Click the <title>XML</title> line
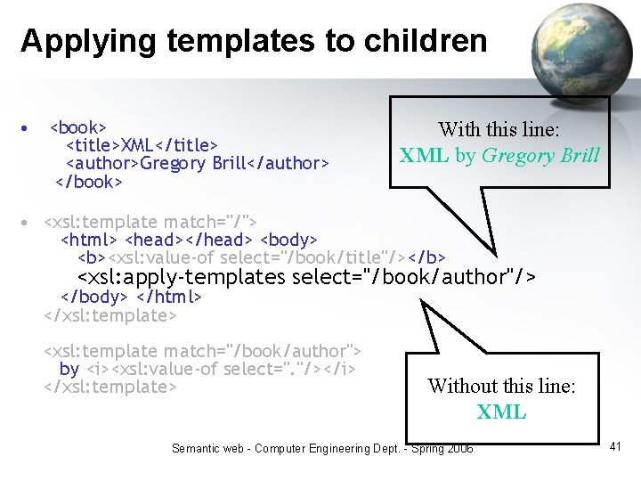tap(142, 145)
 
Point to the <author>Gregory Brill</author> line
tap(198, 163)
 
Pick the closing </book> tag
tap(88, 182)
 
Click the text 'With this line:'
tap(499, 130)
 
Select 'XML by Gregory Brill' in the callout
tap(499, 156)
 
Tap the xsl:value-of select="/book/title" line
tap(262, 257)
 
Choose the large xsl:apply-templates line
tap(307, 278)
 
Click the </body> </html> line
tap(131, 297)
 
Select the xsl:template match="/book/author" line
tap(202, 352)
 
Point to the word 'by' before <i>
tap(69, 369)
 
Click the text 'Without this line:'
tap(501, 386)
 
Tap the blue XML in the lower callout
tap(501, 412)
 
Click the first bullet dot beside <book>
tap(27, 127)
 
